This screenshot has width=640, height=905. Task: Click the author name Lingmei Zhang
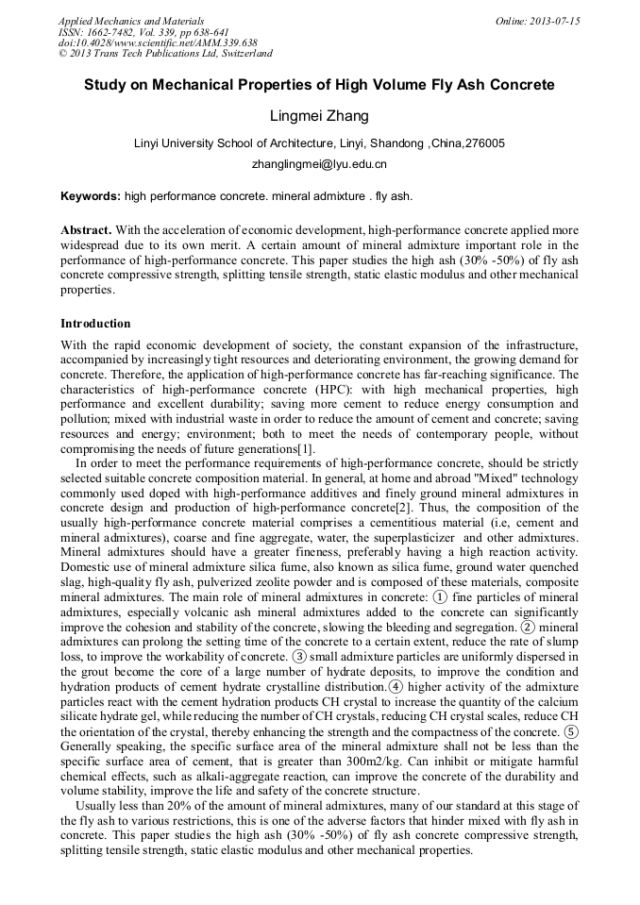[x=319, y=116]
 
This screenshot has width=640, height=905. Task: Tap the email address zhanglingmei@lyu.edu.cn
[x=319, y=163]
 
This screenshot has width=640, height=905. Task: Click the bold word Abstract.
[x=86, y=229]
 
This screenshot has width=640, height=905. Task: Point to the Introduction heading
[x=95, y=323]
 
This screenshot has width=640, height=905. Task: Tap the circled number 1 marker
[x=439, y=598]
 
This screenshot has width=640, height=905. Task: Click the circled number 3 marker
[x=298, y=656]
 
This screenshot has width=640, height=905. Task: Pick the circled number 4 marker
[x=396, y=686]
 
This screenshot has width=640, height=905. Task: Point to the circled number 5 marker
[x=571, y=730]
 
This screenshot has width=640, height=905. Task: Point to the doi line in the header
[x=158, y=42]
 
